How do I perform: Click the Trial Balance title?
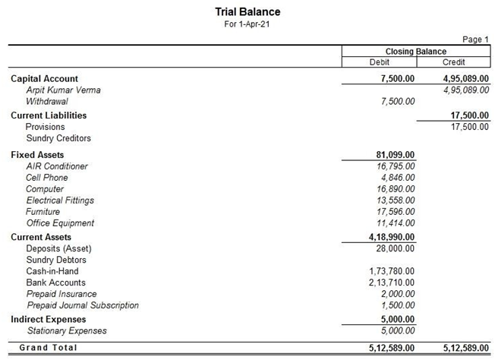coord(247,12)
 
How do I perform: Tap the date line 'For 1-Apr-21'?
coord(247,24)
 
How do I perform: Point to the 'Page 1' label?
coord(475,39)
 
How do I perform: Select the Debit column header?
coord(379,62)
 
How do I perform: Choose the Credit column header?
coord(453,62)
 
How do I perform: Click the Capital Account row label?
coord(44,79)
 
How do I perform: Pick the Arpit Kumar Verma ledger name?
coord(63,90)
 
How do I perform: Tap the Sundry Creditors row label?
coord(58,138)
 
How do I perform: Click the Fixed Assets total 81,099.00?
coord(390,155)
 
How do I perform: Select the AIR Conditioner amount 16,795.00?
coord(393,166)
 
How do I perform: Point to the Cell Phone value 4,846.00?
coord(396,178)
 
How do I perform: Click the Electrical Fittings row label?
coord(60,201)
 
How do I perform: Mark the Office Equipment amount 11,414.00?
coord(393,223)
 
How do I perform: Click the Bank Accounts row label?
coord(55,283)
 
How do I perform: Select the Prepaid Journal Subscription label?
coord(83,305)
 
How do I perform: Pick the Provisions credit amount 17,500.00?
coord(465,127)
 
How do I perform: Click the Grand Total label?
coord(48,348)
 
